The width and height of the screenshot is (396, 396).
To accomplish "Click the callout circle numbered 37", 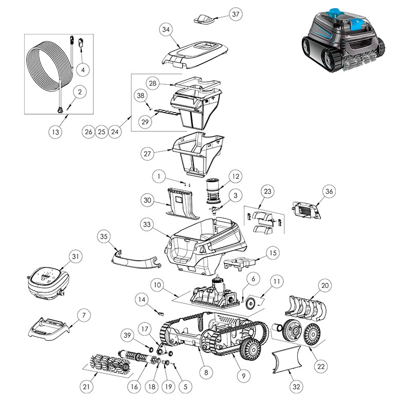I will coord(235,14).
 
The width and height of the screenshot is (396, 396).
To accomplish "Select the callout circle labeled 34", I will coord(166,30).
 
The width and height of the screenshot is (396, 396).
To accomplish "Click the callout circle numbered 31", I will coord(76,256).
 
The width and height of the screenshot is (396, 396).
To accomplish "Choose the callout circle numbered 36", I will coord(329,191).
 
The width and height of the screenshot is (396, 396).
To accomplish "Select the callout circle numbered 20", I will coord(325,285).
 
